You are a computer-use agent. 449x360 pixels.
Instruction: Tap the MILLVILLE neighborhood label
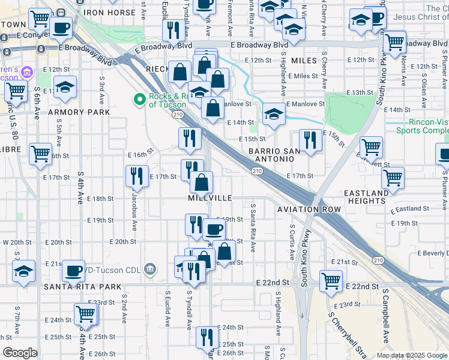pyautogui.click(x=209, y=197)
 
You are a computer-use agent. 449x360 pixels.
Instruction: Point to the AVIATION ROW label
pyautogui.click(x=309, y=209)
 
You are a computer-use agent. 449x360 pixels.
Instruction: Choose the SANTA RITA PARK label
pyautogui.click(x=82, y=287)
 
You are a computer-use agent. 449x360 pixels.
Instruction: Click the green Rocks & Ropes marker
pyautogui.click(x=139, y=99)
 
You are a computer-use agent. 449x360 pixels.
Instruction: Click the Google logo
pyautogui.click(x=20, y=353)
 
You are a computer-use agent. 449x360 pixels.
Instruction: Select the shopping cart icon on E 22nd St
pyautogui.click(x=331, y=280)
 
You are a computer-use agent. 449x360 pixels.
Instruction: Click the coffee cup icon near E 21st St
pyautogui.click(x=73, y=271)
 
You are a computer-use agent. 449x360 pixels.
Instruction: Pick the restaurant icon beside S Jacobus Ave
pyautogui.click(x=137, y=175)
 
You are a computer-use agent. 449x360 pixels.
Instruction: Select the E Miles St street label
pyautogui.click(x=303, y=76)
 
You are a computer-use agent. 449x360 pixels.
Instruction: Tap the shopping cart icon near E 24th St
pyautogui.click(x=86, y=313)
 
